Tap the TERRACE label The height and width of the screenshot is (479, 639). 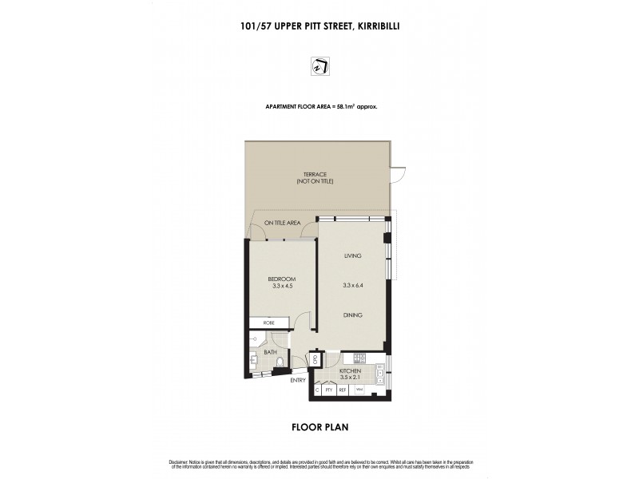(315, 174)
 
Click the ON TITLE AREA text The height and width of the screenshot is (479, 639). (282, 223)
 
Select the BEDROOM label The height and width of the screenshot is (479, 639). (282, 278)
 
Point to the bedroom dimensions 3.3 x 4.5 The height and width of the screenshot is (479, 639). (282, 286)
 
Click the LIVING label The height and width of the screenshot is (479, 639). (353, 255)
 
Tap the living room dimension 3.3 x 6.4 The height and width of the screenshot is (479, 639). (353, 286)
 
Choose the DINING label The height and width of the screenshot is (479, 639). (353, 315)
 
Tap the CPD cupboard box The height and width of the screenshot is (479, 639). (315, 359)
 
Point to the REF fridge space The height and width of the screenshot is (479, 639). (342, 390)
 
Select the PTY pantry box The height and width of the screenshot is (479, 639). (328, 390)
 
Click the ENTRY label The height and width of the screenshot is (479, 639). (298, 380)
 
